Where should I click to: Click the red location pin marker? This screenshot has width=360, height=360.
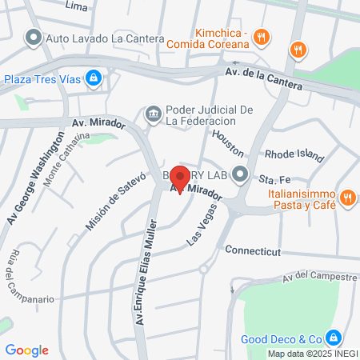180,178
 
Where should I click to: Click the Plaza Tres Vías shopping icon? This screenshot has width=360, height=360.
94,78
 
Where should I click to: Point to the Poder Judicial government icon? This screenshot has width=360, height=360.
152,115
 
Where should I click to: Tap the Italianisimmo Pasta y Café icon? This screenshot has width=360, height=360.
347,197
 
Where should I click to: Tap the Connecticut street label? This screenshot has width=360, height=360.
254,250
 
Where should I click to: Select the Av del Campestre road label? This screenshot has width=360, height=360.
318,278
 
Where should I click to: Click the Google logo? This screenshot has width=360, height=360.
26,350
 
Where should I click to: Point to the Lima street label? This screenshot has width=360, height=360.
76,6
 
